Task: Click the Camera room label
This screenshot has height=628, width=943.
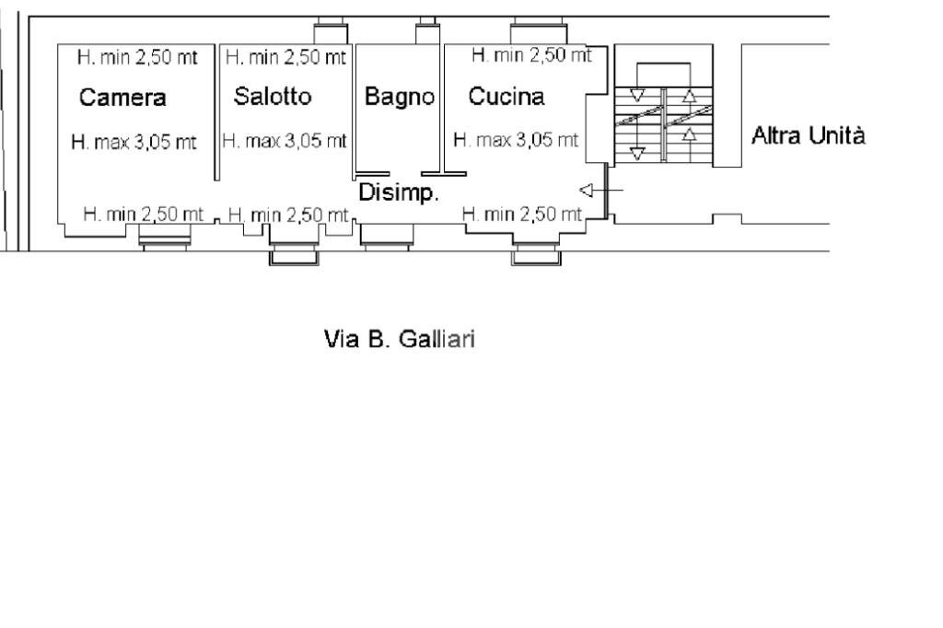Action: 122,98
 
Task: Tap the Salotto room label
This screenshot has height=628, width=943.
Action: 273,96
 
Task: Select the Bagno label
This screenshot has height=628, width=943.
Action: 399,97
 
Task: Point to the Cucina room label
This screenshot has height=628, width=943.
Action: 506,96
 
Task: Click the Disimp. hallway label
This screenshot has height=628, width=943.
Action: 398,193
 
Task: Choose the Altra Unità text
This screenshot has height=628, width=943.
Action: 809,137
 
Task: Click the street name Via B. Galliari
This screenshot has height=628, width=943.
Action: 399,340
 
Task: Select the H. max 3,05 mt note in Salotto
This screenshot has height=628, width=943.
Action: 285,141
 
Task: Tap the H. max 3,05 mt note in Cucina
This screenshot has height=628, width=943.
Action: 516,141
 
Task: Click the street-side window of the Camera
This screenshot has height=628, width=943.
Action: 164,241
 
